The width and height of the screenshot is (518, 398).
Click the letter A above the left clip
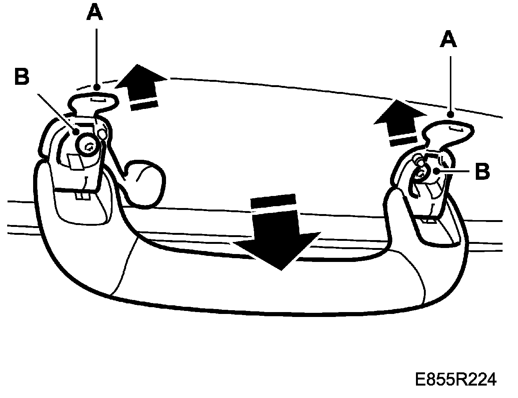click(x=94, y=14)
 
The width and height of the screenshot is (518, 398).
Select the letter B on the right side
click(x=482, y=171)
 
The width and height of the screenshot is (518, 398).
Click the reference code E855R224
click(x=456, y=379)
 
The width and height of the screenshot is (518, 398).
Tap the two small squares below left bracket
click(x=81, y=196)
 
